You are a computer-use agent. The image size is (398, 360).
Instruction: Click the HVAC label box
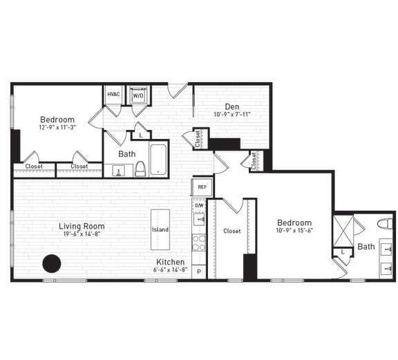coord(113,94)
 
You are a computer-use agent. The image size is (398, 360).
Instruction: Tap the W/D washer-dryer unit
coord(139,95)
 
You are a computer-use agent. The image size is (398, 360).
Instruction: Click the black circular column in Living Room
coord(52,263)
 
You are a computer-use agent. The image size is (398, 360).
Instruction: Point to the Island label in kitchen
coord(160,229)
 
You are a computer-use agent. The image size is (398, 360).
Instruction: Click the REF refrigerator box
coord(202,187)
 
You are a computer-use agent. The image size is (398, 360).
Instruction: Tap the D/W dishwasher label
coord(199,205)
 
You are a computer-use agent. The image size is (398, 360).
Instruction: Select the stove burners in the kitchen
coord(199,243)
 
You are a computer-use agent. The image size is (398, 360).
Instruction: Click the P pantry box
coord(199,272)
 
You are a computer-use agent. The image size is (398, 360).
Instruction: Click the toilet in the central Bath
coord(140,168)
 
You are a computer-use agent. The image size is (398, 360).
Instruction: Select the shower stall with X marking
coord(343,231)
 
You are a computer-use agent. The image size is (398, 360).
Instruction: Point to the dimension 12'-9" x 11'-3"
coord(57,128)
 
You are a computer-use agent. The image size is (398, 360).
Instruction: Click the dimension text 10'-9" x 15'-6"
coord(294,231)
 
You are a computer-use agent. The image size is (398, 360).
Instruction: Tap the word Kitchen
coord(170,262)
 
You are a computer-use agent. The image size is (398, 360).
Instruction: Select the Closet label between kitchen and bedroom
coord(232,231)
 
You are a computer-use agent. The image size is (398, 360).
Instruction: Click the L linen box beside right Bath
coord(343,253)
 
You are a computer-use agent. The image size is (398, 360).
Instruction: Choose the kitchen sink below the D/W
coord(199,220)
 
